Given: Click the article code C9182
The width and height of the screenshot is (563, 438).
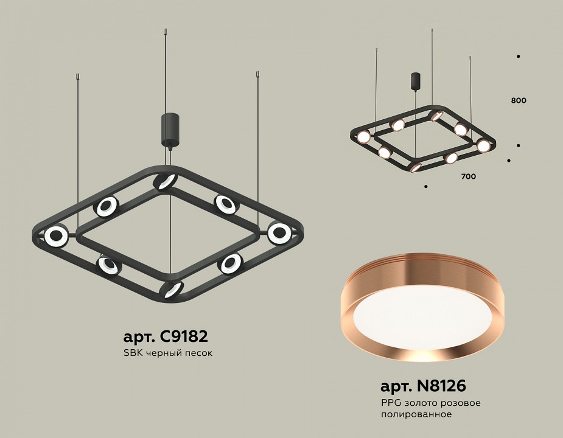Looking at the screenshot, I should click(x=165, y=336).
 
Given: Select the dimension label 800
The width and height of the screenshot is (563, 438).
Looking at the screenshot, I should click(x=519, y=100).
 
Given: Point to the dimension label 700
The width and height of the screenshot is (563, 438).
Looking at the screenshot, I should click(x=468, y=176).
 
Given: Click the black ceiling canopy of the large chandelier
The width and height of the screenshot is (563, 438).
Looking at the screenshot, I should click(x=169, y=129).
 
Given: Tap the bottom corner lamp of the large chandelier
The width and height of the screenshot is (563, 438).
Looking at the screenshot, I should click(x=172, y=289).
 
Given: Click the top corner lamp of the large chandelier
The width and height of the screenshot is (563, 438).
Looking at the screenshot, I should click(x=165, y=181).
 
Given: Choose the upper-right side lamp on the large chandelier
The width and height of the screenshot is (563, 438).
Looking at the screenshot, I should click(x=225, y=204).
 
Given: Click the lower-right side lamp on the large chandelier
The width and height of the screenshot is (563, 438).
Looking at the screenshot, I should click(x=231, y=263).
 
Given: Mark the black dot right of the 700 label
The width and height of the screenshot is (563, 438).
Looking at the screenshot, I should click(x=509, y=161).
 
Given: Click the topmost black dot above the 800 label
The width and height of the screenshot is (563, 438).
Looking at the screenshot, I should click(x=518, y=56).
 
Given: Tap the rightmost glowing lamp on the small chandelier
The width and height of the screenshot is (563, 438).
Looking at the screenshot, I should click(x=483, y=146).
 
